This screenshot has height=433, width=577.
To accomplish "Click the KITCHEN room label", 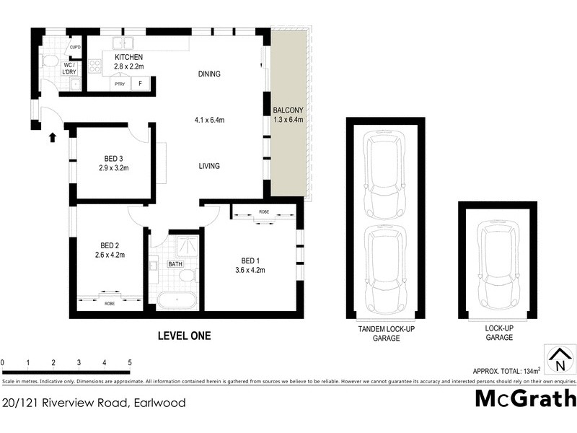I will [x=129, y=57].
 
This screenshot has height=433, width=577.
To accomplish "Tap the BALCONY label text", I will [x=288, y=110].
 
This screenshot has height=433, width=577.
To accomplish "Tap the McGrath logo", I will [x=525, y=398].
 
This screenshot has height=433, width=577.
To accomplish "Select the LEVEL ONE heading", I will [x=184, y=335].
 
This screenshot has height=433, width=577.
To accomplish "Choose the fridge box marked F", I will [x=140, y=84].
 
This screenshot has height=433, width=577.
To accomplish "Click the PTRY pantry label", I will [x=118, y=84].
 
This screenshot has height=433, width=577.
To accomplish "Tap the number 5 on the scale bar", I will [x=130, y=362].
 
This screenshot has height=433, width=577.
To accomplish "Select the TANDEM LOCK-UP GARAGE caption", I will [x=386, y=333].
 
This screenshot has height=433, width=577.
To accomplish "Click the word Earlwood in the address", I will [x=158, y=402].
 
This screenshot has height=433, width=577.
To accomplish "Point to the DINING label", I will [x=209, y=74].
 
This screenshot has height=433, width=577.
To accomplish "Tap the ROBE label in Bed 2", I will [x=110, y=304].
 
